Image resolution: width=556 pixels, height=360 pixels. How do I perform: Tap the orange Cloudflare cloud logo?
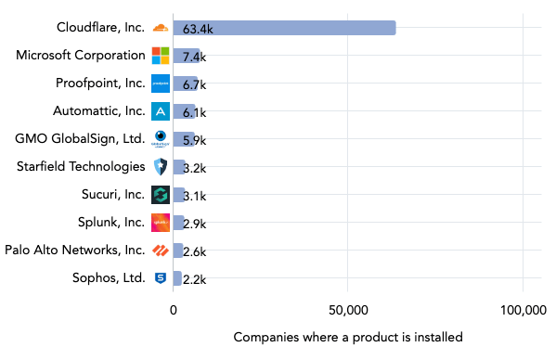coord(160,28)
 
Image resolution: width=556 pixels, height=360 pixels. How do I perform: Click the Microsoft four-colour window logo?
coord(160,56)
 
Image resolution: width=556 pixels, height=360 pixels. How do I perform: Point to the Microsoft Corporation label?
coord(80,56)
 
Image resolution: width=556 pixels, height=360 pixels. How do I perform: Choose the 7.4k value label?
coord(194,57)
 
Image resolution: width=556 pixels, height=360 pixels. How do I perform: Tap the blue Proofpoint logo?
coord(160,84)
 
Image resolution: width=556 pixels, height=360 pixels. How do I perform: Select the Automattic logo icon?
coord(160,111)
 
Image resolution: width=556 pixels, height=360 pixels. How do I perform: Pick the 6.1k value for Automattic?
coord(194,112)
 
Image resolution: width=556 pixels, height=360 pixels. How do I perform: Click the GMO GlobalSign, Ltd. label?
coord(80,139)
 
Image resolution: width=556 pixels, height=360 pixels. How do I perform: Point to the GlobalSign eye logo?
coord(160,139)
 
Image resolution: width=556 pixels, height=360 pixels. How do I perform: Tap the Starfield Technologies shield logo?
coord(160,167)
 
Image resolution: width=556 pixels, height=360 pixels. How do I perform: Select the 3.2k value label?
coord(194,168)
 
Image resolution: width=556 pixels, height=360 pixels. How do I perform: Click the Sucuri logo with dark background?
coord(160,195)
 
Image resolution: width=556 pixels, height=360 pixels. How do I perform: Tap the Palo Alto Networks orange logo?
coord(160,251)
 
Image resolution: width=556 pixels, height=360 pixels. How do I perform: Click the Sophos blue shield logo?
coord(160,278)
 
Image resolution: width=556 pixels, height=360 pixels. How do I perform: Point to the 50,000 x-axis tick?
coord(347,310)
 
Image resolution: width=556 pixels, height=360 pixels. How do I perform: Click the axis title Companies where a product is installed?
coord(347,337)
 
